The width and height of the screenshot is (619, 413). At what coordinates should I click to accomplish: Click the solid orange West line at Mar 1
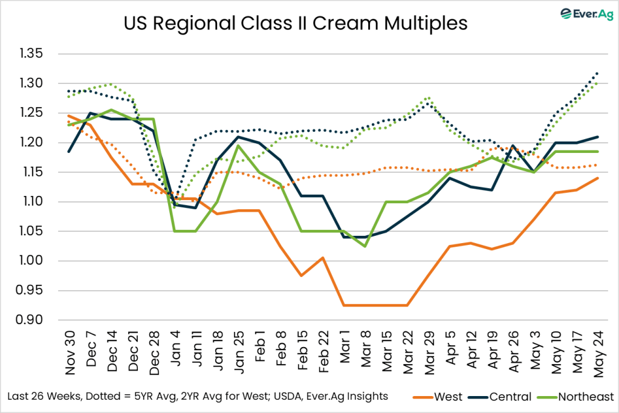tap(345, 305)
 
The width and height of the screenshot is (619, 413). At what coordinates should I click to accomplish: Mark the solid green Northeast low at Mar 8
tap(365, 246)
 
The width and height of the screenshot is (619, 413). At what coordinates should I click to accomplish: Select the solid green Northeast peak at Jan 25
tap(239, 146)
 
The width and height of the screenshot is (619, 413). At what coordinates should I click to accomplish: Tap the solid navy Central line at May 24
tap(598, 137)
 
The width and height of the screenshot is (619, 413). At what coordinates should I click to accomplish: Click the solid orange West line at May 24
tap(598, 178)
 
